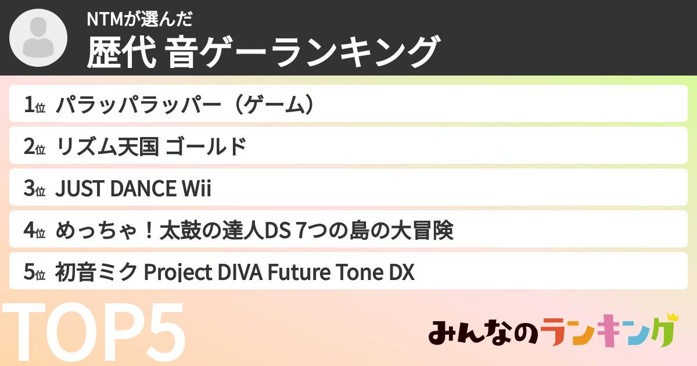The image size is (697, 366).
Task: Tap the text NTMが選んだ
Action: pyautogui.click(x=139, y=19)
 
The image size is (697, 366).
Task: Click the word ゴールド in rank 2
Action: pyautogui.click(x=206, y=147)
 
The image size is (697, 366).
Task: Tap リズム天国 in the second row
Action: pyautogui.click(x=107, y=147)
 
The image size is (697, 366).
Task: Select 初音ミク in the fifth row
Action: pyautogui.click(x=97, y=272)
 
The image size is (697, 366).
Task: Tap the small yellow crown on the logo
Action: pyautogui.click(x=672, y=317)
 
